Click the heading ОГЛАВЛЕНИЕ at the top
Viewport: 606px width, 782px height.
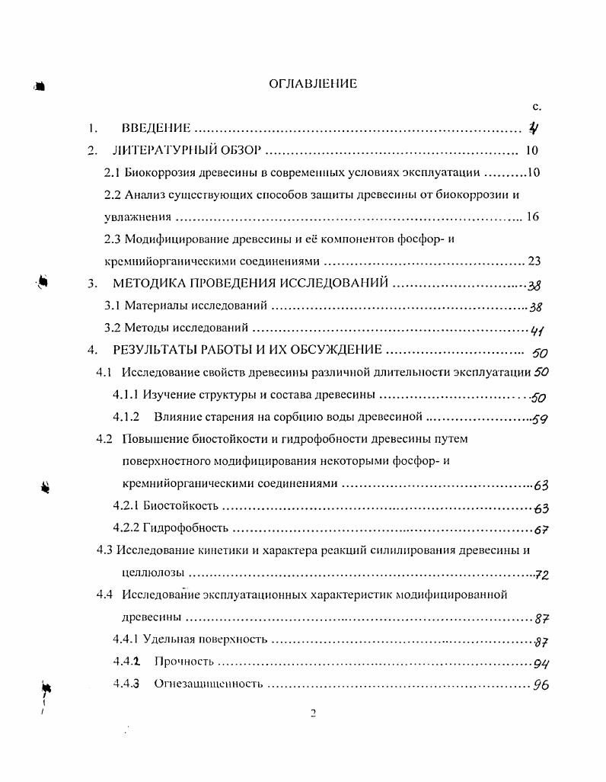click(x=313, y=84)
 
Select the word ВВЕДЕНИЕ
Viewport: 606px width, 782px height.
click(x=155, y=129)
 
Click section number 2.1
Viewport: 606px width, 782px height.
click(x=112, y=172)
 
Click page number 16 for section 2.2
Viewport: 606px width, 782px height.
click(x=532, y=216)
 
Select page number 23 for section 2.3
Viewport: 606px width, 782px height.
click(x=534, y=261)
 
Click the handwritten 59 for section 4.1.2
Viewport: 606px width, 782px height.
click(x=540, y=418)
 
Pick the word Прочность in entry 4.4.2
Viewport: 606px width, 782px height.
click(x=183, y=662)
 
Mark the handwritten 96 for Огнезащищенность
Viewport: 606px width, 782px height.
click(x=541, y=684)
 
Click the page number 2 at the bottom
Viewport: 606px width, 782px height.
click(x=313, y=714)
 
